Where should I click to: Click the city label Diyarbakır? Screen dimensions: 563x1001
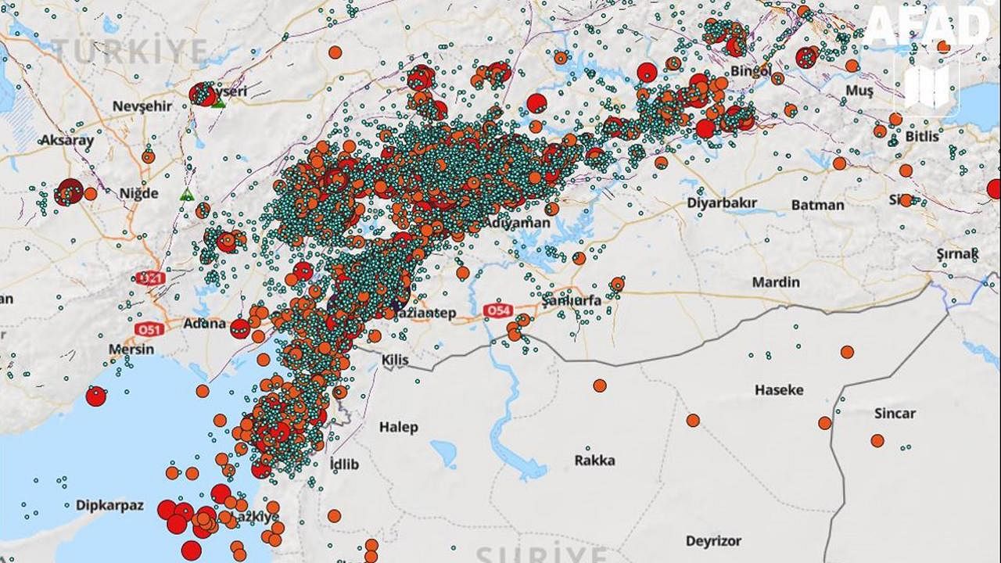pos(722,203)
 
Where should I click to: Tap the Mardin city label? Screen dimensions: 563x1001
pos(775,281)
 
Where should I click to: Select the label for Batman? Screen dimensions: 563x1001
pos(818,205)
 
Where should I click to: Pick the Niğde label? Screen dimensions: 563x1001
pos(138,193)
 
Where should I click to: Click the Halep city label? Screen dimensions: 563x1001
pos(398,427)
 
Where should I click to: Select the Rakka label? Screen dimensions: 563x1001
pos(594,460)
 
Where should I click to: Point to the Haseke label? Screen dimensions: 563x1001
pos(779,389)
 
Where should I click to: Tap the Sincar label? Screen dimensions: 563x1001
pos(895,414)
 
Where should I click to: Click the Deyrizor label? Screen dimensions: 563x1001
pos(712,540)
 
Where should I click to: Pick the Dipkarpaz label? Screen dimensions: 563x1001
pos(109,505)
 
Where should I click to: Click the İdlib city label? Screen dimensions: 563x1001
pos(344,464)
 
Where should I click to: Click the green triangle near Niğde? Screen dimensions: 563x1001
pos(186,194)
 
